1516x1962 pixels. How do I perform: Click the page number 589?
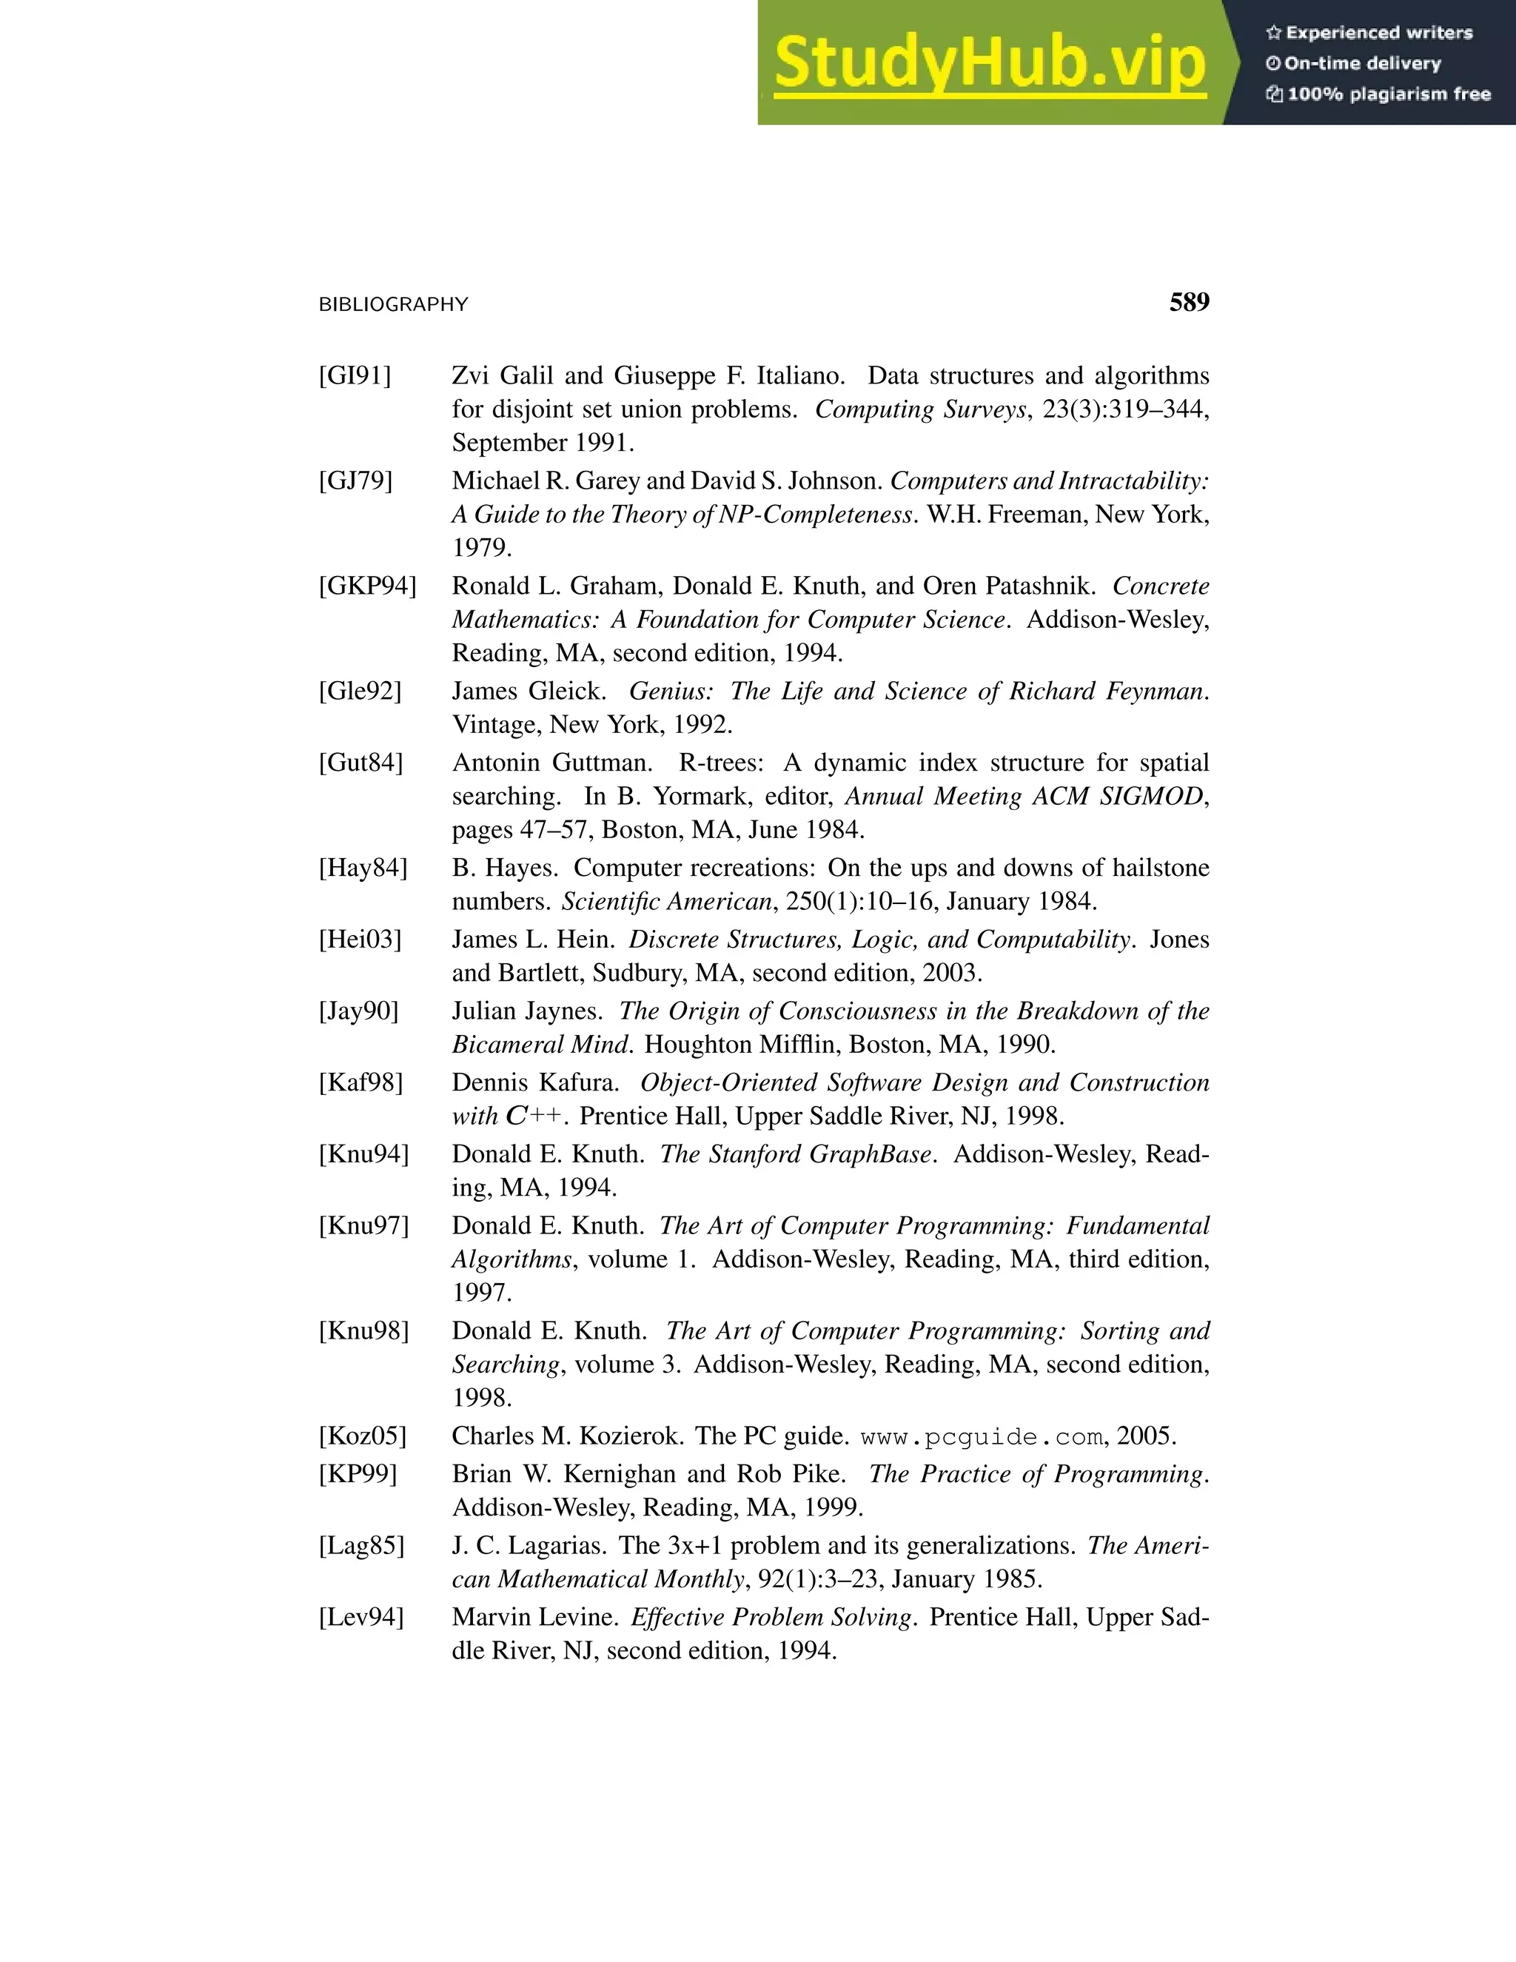(x=1188, y=303)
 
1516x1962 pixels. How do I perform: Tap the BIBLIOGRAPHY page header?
(x=393, y=304)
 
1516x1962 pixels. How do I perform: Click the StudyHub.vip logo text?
(x=989, y=63)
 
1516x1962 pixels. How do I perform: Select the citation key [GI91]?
(x=355, y=375)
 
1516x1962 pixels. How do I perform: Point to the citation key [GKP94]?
(x=367, y=586)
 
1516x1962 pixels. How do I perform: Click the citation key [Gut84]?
(x=360, y=763)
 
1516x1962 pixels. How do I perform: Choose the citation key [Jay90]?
(x=358, y=1011)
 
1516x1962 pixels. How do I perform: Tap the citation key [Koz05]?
(x=362, y=1436)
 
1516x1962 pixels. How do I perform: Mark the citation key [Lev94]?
(x=361, y=1618)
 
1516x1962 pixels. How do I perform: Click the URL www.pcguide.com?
(x=982, y=1437)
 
